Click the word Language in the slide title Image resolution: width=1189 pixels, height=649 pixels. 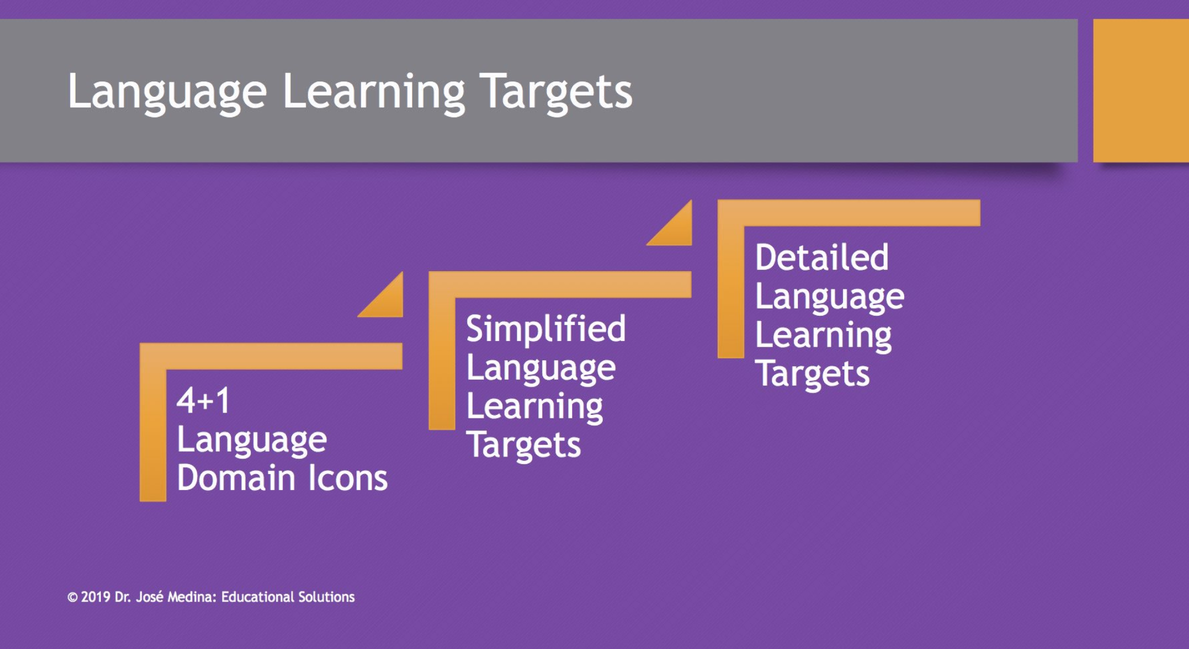pos(167,92)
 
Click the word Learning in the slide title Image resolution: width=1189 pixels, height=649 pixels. pos(373,92)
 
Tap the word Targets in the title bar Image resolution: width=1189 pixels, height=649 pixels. pos(556,92)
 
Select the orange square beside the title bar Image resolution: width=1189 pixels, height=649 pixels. pos(1140,90)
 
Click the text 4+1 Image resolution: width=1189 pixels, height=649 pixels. pos(203,401)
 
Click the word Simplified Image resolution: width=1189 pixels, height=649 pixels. pos(545,329)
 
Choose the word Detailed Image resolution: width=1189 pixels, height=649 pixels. pos(821,258)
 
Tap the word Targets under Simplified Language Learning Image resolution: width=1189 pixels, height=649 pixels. pos(523,445)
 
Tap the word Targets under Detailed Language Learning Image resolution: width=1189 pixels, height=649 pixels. pos(812,374)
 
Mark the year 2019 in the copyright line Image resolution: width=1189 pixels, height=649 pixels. pos(96,597)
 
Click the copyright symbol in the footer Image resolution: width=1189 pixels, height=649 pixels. pos(72,597)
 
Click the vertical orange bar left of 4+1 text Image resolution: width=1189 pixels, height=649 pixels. pos(153,434)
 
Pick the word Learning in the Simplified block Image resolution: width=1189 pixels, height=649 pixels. pos(534,406)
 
